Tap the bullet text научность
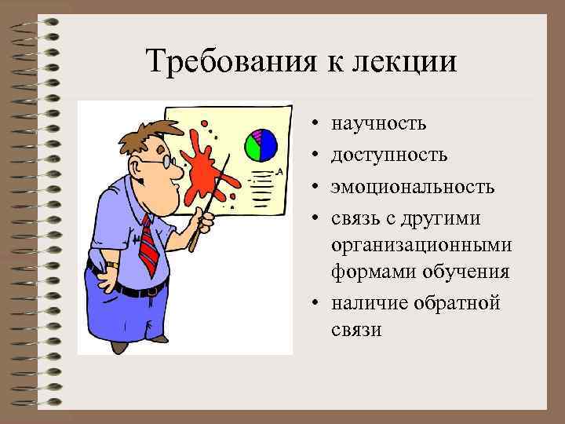pyautogui.click(x=379, y=123)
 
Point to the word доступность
pyautogui.click(x=389, y=155)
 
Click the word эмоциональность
pyautogui.click(x=413, y=187)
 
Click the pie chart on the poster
pyautogui.click(x=261, y=144)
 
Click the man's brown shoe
pyautogui.click(x=119, y=345)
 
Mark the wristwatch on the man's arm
pyautogui.click(x=111, y=266)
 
